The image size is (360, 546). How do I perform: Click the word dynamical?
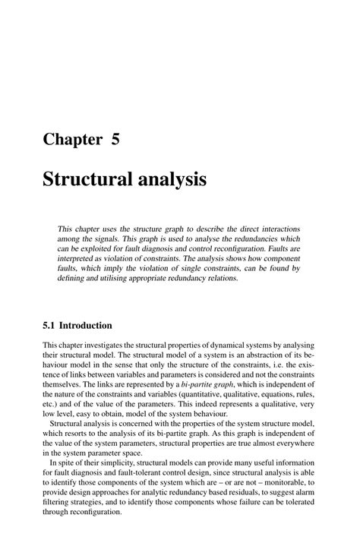[229, 344]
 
